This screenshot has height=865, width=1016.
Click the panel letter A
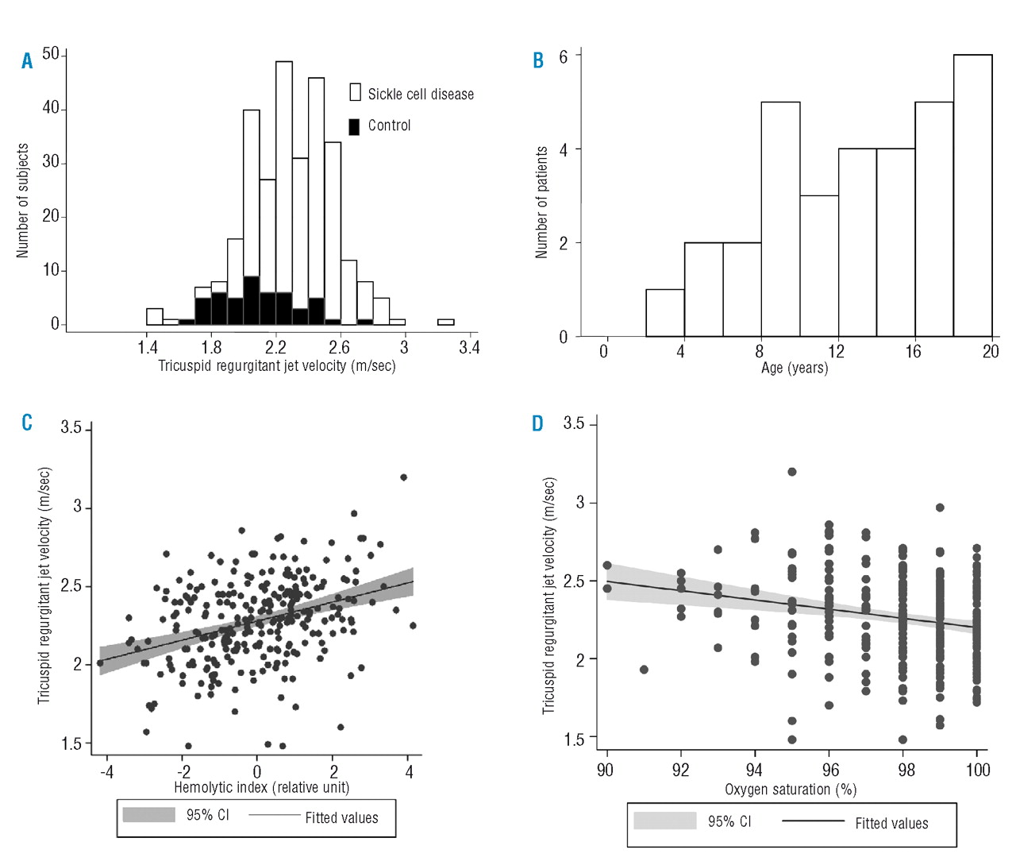click(27, 61)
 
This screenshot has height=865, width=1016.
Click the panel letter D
click(537, 424)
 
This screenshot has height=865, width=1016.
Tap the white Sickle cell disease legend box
click(355, 92)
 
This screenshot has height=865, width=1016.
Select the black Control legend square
click(354, 126)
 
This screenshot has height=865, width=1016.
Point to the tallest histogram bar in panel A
click(283, 191)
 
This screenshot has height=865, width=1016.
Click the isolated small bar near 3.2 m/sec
click(445, 322)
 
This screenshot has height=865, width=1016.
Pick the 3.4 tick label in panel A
click(468, 348)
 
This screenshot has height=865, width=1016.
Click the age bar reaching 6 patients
click(972, 195)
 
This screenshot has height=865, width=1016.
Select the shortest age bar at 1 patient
click(665, 313)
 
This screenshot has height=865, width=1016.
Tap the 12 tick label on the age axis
click(836, 352)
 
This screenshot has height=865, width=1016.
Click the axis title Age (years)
click(794, 369)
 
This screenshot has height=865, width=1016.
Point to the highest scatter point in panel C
click(403, 477)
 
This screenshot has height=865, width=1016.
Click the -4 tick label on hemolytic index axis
click(106, 772)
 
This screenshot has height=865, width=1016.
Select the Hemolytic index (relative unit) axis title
click(261, 788)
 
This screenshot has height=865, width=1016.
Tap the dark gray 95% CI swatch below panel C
click(148, 815)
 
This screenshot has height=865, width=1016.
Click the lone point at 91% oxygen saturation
click(644, 670)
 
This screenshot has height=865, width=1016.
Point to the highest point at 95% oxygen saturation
click(791, 472)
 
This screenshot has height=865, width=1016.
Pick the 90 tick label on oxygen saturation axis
click(605, 770)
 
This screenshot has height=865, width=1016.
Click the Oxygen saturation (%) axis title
click(790, 790)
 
